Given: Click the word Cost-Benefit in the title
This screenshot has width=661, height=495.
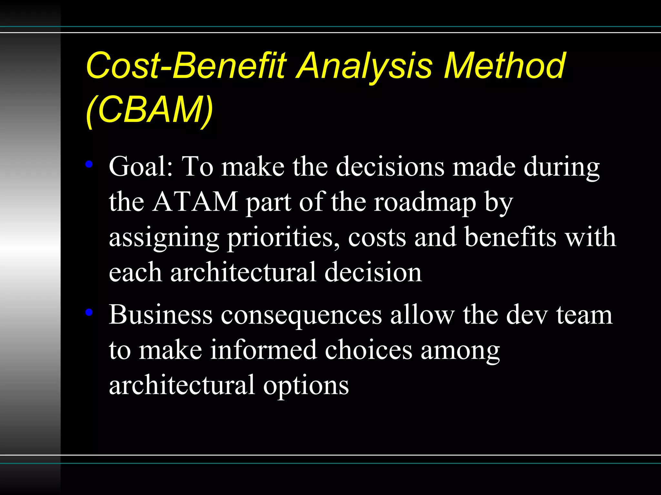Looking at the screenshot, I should pos(186,66).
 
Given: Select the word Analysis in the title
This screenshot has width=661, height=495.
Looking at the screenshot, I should pos(364,66).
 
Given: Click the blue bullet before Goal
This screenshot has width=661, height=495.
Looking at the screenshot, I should pos(89,165).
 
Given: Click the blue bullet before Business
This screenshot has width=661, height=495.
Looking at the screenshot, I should pos(89,312).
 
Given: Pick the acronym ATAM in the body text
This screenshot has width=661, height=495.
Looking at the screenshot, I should pos(195,202).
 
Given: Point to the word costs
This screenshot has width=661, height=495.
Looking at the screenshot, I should pos(377,238).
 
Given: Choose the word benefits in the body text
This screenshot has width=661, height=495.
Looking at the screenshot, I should pos(511,237).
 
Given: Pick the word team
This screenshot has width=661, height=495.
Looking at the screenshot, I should pos(584,315).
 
